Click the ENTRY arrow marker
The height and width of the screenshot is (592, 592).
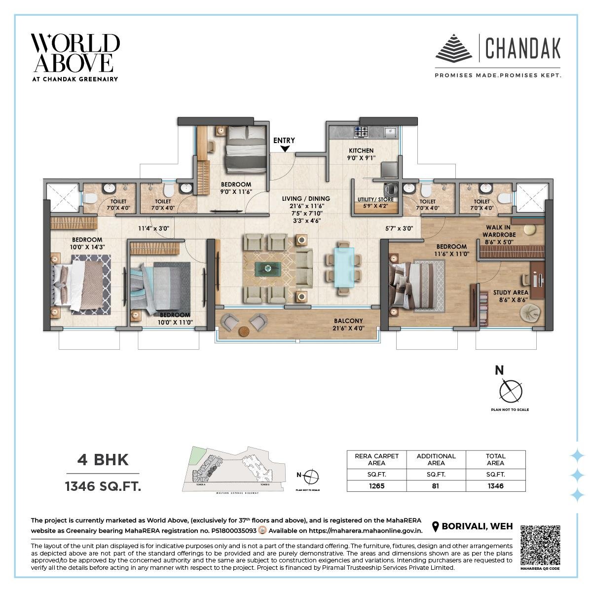284,149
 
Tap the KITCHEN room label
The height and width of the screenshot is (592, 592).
361,150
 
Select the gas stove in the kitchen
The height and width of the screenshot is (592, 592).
361,131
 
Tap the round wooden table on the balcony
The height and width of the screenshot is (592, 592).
244,331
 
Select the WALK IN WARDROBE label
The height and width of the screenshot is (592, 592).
499,231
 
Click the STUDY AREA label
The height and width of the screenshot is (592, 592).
511,293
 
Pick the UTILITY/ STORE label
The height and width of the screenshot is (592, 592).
375,199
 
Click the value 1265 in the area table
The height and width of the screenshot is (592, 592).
376,485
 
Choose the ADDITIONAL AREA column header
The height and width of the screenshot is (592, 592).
436,459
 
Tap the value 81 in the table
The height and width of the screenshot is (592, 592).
436,485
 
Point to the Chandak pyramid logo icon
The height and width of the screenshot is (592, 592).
453,48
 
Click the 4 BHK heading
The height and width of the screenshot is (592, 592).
103,460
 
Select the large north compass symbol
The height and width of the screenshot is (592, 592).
510,391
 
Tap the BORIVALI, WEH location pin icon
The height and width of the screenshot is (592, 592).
436,527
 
